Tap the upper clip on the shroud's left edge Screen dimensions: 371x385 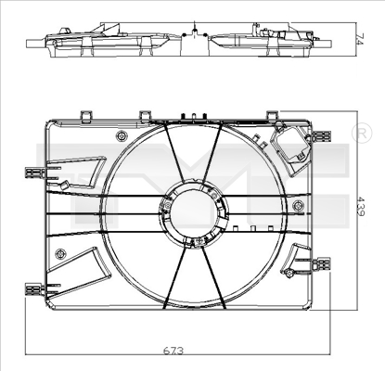[x=35, y=172]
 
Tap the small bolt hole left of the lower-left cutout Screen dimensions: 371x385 [x=60, y=253]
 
